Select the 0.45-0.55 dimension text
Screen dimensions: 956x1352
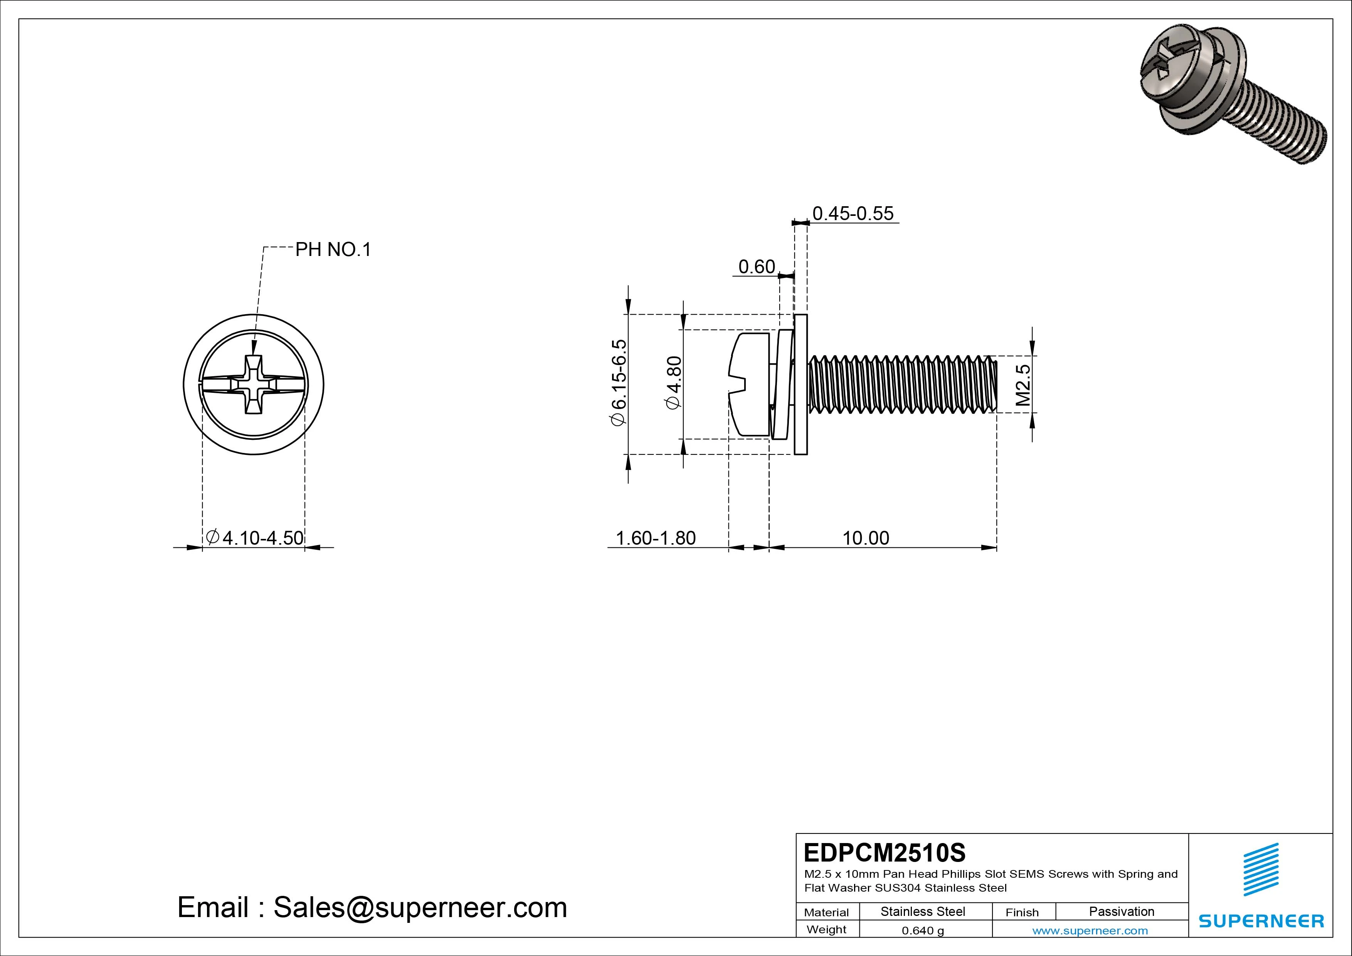[x=853, y=213]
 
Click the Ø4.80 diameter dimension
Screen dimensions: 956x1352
[x=673, y=382]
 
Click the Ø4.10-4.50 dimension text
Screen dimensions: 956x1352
[x=255, y=537]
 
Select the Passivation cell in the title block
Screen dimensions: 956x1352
[x=1121, y=911]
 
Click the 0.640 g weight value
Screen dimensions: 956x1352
[x=923, y=931]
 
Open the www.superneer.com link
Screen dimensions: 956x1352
[x=1090, y=931]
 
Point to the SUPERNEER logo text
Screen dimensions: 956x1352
[x=1261, y=921]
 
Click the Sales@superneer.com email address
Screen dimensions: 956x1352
[x=420, y=907]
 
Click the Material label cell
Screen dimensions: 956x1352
[x=826, y=912]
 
